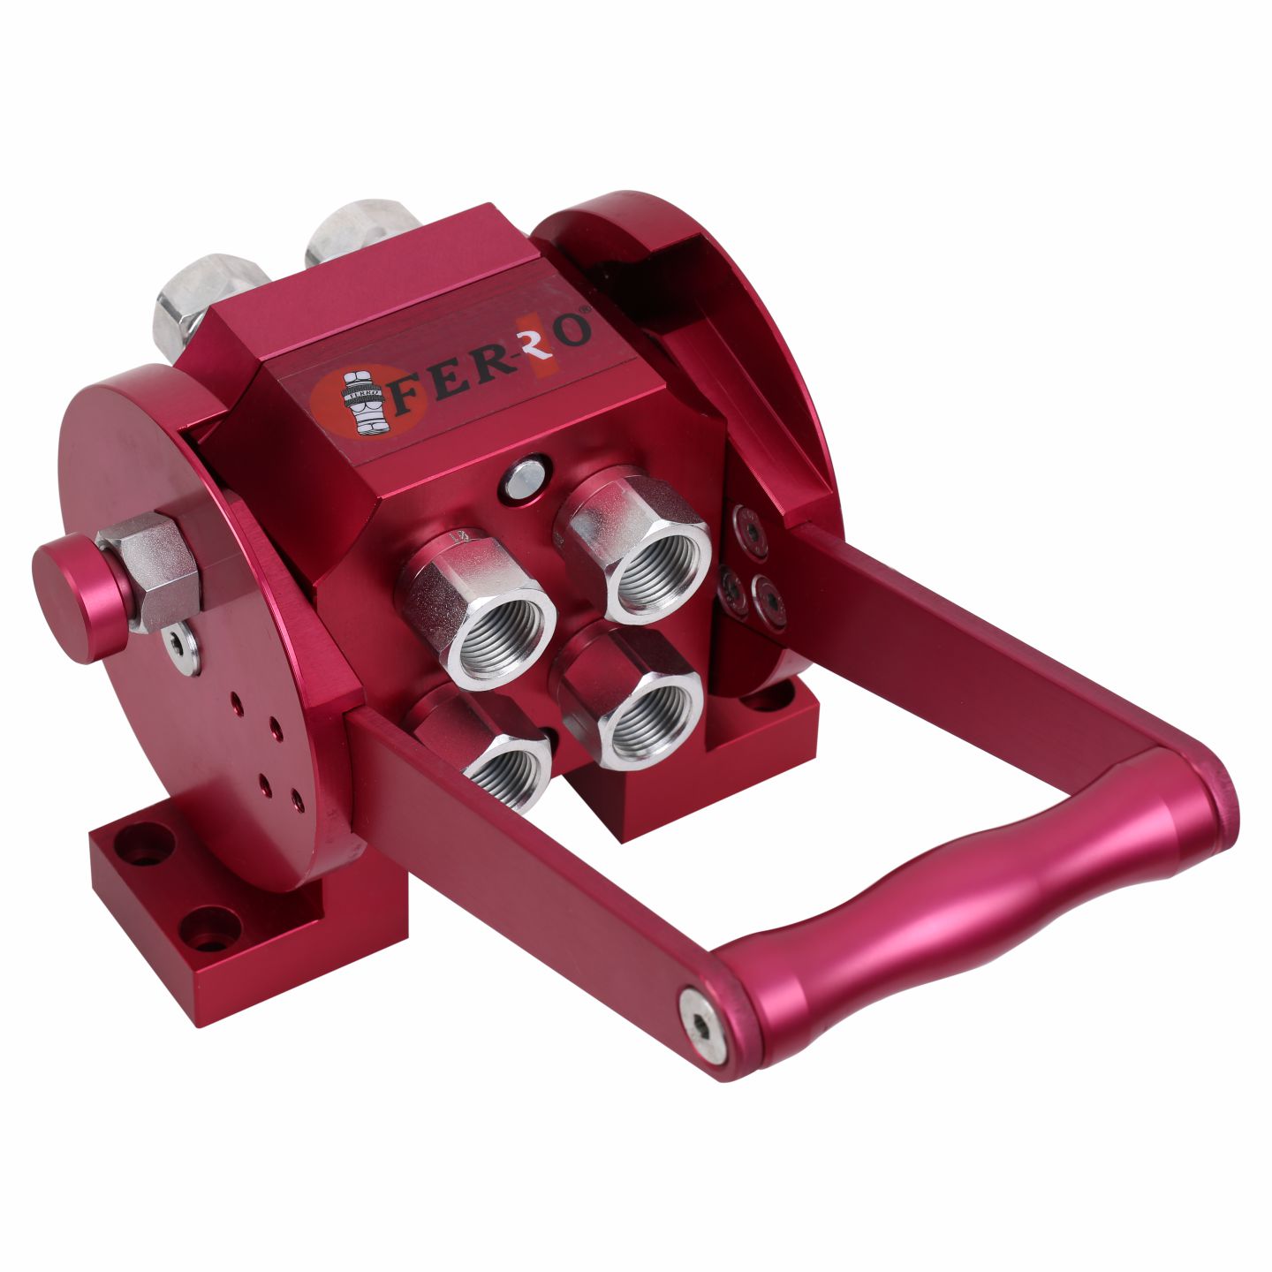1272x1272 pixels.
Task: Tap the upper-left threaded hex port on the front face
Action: (x=480, y=609)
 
